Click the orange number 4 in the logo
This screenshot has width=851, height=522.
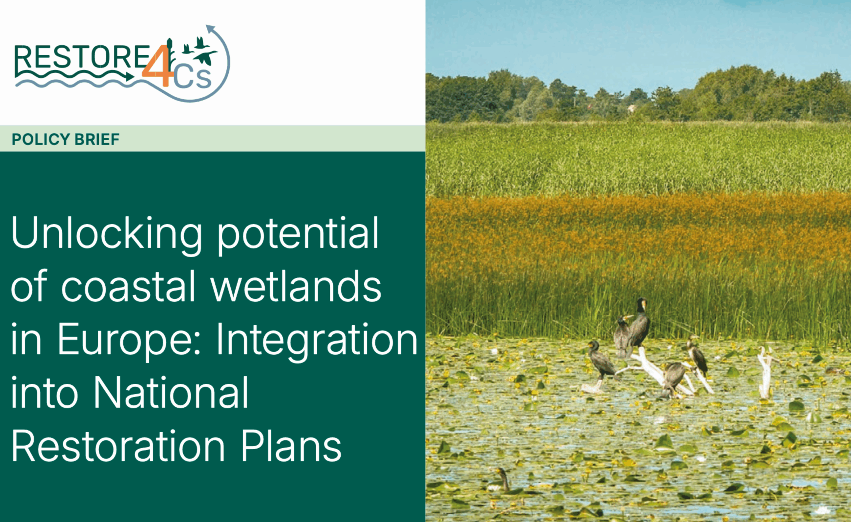pyautogui.click(x=157, y=65)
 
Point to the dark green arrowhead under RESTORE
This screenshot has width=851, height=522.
pyautogui.click(x=130, y=76)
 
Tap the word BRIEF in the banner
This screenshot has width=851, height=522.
pyautogui.click(x=97, y=139)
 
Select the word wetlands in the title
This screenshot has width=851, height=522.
pyautogui.click(x=296, y=286)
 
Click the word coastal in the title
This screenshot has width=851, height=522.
pyautogui.click(x=128, y=286)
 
